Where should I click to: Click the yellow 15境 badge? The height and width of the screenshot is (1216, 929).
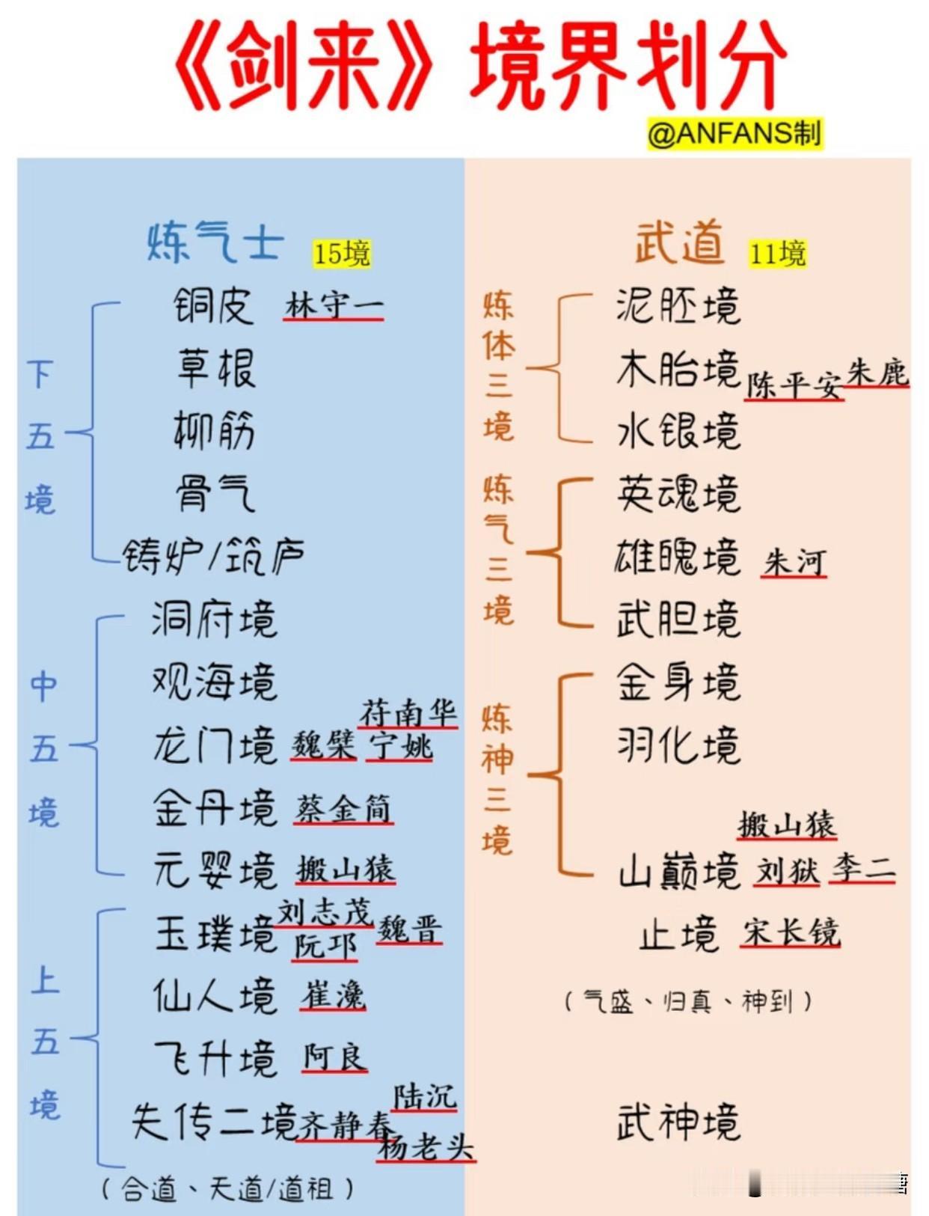tap(342, 254)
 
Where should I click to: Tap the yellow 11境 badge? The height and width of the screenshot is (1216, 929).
tap(777, 254)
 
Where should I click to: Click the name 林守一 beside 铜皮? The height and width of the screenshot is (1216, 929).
tap(334, 306)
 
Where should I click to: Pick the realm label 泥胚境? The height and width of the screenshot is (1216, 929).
tap(678, 306)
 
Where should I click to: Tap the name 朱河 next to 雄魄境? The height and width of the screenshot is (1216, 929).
tap(794, 562)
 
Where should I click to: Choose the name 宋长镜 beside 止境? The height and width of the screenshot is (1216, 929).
tap(791, 932)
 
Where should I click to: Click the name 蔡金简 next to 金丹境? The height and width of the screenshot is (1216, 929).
tap(343, 809)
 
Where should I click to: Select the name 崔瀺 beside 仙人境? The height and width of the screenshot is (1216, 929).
tap(333, 996)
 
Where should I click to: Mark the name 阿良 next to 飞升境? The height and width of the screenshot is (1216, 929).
tap(334, 1058)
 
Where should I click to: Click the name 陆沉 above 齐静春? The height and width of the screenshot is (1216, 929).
tap(424, 1097)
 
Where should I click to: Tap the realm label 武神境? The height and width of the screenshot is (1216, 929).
tap(678, 1122)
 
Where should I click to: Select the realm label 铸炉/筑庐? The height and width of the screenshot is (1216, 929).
tap(214, 556)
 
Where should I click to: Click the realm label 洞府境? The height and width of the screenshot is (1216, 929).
tap(214, 619)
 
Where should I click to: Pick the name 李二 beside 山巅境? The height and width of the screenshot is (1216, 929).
tap(862, 870)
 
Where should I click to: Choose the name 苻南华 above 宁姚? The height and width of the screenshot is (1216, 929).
tap(408, 713)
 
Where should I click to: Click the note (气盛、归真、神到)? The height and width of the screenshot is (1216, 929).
tap(687, 1000)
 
